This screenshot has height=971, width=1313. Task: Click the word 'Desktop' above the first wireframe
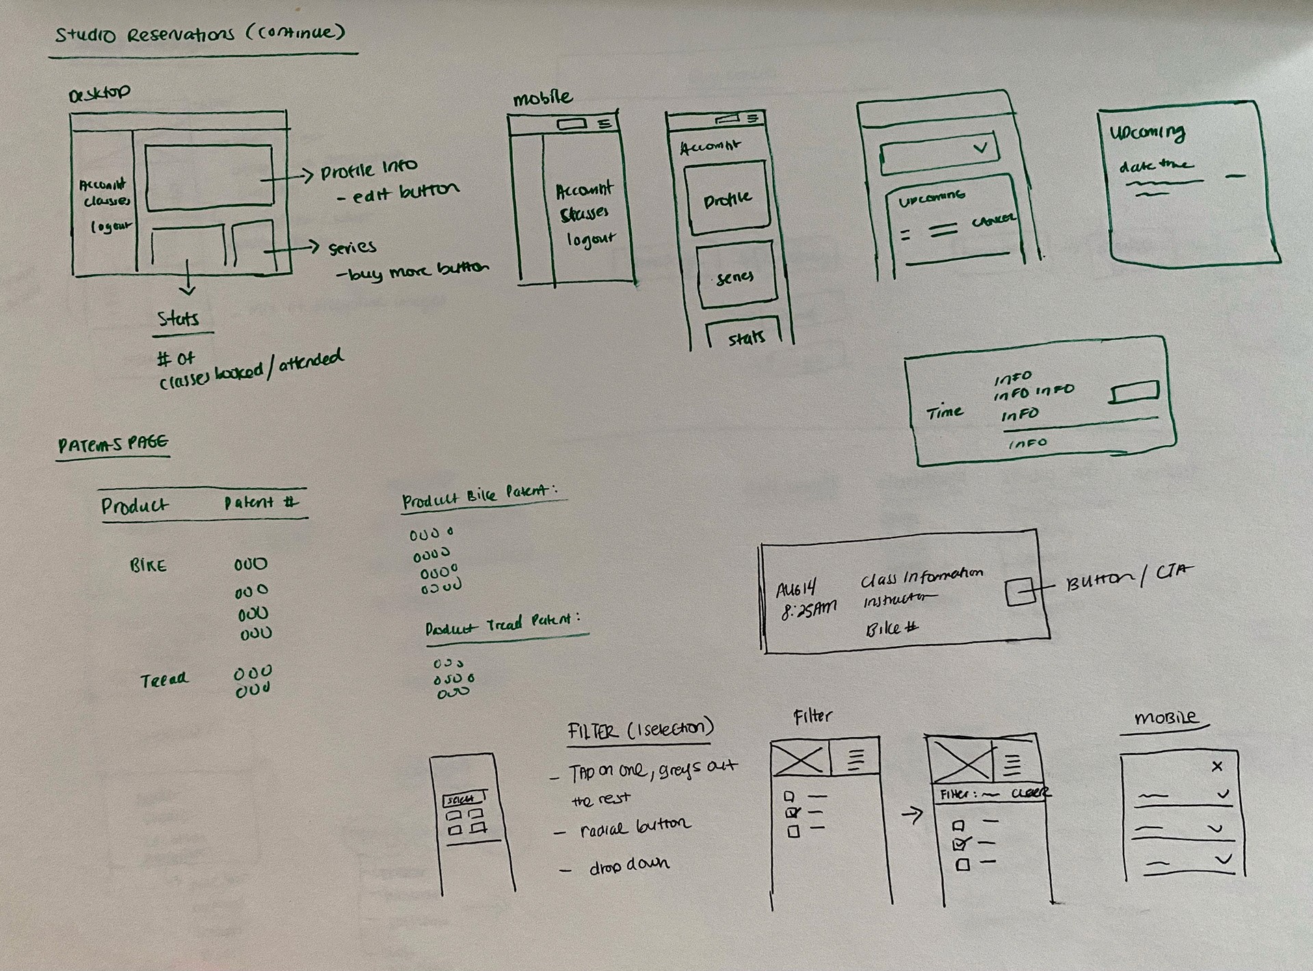(x=100, y=93)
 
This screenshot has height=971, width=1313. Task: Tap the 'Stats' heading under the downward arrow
(x=178, y=319)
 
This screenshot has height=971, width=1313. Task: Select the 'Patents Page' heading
(x=113, y=444)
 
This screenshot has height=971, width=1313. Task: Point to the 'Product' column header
(x=134, y=505)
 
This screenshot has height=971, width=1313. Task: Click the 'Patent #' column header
(x=261, y=503)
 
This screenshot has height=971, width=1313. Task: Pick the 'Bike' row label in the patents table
(x=148, y=566)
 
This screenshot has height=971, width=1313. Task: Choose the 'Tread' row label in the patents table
(x=163, y=680)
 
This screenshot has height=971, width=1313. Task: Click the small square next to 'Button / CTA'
(x=1020, y=591)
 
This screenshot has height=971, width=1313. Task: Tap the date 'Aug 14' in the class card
(x=796, y=589)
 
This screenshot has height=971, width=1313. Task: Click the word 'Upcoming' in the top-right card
(x=1147, y=133)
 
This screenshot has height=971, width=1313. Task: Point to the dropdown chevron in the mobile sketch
(x=980, y=147)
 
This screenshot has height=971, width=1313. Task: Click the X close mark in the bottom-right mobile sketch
(x=1217, y=767)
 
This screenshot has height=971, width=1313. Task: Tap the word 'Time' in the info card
(x=944, y=412)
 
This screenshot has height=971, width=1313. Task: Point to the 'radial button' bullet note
(x=635, y=828)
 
